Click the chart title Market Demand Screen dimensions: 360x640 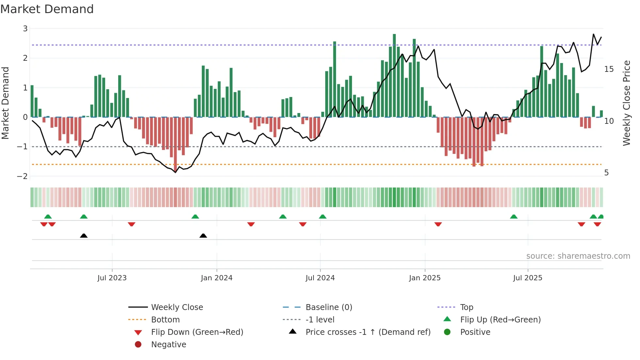(47, 9)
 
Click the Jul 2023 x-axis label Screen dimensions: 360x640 (112, 278)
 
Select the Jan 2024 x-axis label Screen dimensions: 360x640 (216, 278)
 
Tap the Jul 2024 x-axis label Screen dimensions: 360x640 (320, 278)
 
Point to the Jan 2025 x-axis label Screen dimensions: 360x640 (424, 278)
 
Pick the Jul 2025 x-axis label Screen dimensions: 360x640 (527, 278)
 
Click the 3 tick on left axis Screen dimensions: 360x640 (25, 29)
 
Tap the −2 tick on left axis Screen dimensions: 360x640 (22, 176)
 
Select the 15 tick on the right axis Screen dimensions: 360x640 (609, 69)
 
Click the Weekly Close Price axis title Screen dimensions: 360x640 (626, 103)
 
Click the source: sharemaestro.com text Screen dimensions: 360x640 (578, 256)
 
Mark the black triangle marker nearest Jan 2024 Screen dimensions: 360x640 (203, 236)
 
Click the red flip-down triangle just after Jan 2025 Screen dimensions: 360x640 (438, 224)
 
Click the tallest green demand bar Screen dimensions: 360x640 (394, 75)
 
